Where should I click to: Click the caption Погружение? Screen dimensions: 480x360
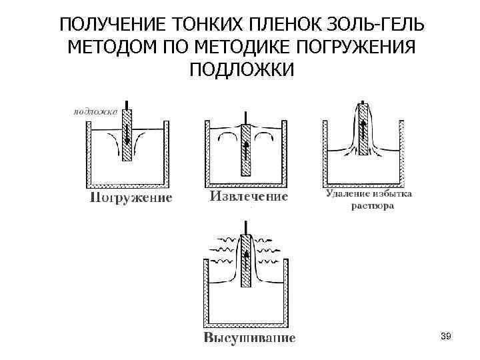pyautogui.click(x=131, y=197)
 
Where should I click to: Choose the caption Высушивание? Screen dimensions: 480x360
pyautogui.click(x=249, y=338)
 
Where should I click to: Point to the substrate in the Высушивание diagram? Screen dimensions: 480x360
pyautogui.click(x=246, y=262)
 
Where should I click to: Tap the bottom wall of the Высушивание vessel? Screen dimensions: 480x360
pyautogui.click(x=246, y=325)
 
